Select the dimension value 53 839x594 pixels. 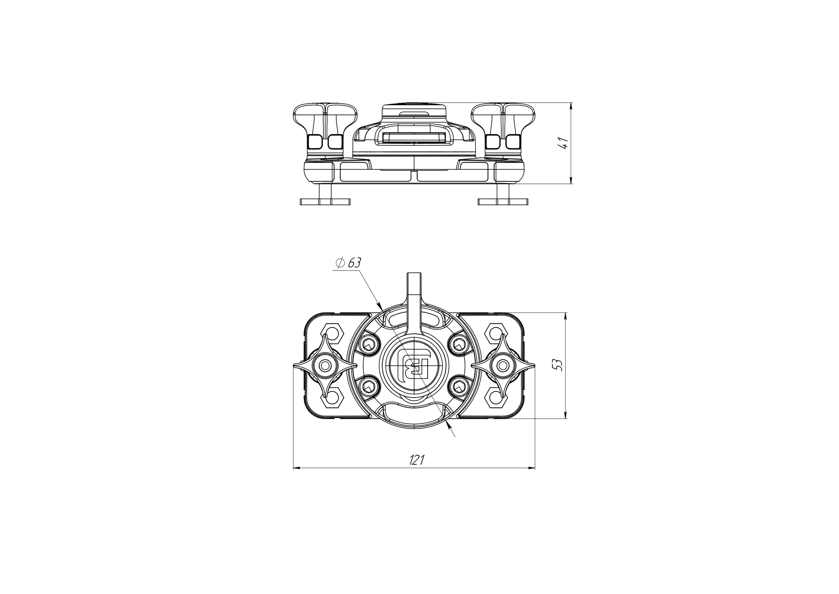click(x=558, y=365)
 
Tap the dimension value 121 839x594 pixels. click(x=417, y=460)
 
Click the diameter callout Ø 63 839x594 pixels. click(x=349, y=263)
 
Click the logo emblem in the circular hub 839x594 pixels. click(x=414, y=366)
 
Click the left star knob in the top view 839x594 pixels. click(x=325, y=365)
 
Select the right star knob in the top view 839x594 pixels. click(x=503, y=365)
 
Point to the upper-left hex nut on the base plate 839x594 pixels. click(x=332, y=334)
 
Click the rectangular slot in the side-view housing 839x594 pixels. click(x=414, y=139)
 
